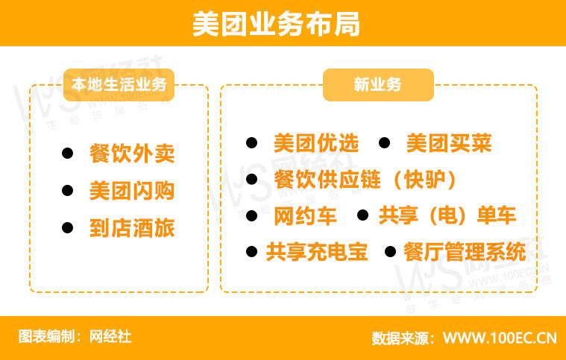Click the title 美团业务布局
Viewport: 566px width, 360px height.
point(276,24)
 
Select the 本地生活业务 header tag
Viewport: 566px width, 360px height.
point(119,84)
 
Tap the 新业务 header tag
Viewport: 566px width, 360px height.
point(377,84)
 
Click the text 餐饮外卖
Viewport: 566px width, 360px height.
point(132,154)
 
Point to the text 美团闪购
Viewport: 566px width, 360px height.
point(132,191)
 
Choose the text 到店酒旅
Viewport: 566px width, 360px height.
point(132,227)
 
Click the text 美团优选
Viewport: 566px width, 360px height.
point(316,143)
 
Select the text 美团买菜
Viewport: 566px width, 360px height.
point(449,143)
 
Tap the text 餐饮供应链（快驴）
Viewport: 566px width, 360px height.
point(365,180)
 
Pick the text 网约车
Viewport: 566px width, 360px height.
point(306,216)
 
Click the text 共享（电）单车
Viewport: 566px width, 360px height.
point(447,216)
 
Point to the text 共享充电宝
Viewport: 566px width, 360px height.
point(317,252)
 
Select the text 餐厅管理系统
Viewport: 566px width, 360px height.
point(465,252)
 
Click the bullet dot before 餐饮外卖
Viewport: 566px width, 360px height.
point(68,154)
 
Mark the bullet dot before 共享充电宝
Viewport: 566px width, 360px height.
point(252,252)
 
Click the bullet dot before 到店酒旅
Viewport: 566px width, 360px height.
point(68,227)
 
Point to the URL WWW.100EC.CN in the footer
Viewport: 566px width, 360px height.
point(500,338)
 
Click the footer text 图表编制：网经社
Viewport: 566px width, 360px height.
point(75,337)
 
